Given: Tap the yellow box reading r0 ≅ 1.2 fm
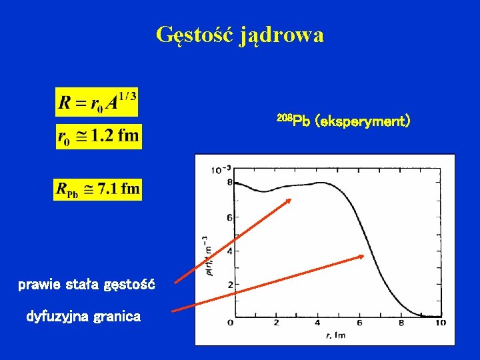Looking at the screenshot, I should pyautogui.click(x=98, y=137).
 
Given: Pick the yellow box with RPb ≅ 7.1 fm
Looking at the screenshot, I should pyautogui.click(x=98, y=189).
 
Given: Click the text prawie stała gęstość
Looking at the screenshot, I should pyautogui.click(x=87, y=285).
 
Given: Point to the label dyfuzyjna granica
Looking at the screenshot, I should pyautogui.click(x=83, y=317).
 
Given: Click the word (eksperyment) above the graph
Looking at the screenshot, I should pyautogui.click(x=363, y=121).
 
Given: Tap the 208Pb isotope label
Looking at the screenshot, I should pyautogui.click(x=293, y=121).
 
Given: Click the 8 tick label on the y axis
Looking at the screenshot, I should pyautogui.click(x=229, y=183).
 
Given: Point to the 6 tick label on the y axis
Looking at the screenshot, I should pyautogui.click(x=229, y=217).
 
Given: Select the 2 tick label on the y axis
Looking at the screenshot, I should pyautogui.click(x=229, y=285).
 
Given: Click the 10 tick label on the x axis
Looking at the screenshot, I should pyautogui.click(x=439, y=323).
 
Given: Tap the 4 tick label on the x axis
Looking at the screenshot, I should pyautogui.click(x=317, y=323).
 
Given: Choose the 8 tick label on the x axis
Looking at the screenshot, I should pyautogui.click(x=400, y=323).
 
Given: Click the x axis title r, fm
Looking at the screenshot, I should pyautogui.click(x=336, y=334).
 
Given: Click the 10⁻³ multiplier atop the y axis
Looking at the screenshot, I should pyautogui.click(x=221, y=169).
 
